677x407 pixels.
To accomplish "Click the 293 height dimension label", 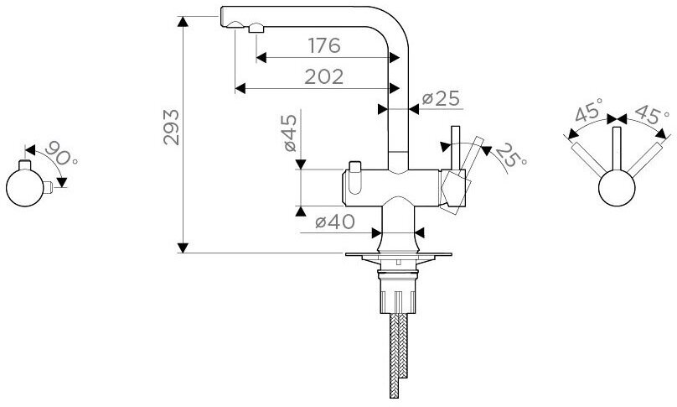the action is click(x=171, y=127).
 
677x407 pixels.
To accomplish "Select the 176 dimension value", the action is click(x=324, y=45).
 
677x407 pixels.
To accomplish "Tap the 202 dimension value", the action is click(x=323, y=76).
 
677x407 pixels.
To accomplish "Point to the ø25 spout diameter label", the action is click(x=441, y=99).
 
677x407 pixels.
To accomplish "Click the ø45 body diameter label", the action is click(x=291, y=133).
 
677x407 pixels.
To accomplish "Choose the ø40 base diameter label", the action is click(x=335, y=222).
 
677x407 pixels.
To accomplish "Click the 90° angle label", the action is click(x=61, y=153).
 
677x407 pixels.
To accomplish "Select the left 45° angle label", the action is click(x=589, y=110).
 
